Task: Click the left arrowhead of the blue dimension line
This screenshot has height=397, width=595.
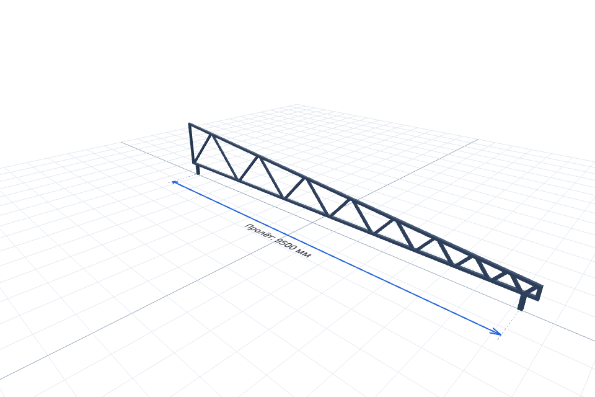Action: (175, 183)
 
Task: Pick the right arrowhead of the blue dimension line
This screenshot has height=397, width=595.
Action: (497, 332)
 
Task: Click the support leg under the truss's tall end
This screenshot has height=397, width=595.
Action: (197, 169)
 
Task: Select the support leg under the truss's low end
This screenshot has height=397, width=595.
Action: (522, 303)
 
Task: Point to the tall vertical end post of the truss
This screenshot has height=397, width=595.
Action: (192, 144)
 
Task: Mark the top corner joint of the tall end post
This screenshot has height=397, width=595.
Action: (190, 124)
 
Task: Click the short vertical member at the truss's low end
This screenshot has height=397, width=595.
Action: (540, 292)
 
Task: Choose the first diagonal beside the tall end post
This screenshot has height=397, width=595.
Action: (203, 148)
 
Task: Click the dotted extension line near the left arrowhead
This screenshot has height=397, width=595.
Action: (183, 178)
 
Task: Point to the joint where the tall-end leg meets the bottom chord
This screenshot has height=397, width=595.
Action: (196, 164)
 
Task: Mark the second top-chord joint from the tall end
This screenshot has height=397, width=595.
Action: (258, 156)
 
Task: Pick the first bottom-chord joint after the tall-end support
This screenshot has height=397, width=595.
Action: (238, 179)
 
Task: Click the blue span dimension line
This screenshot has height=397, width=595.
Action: (337, 257)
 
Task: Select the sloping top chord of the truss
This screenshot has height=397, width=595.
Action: (366, 205)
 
